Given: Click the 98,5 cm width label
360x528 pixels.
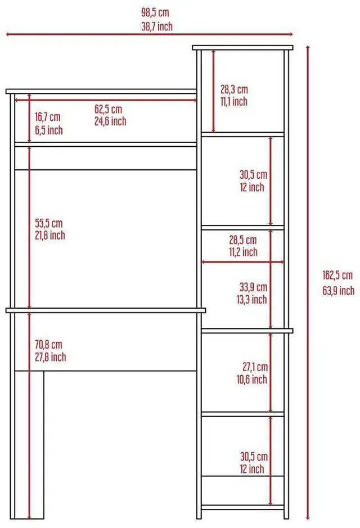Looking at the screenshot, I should [155, 12].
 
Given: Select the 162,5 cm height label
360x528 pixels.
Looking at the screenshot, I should [337, 276].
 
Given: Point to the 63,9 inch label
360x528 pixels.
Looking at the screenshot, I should [338, 290].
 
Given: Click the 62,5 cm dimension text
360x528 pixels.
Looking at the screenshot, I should [108, 109].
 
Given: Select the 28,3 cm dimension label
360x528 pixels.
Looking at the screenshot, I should [233, 89].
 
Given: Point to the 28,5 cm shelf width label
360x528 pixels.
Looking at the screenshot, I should [242, 240].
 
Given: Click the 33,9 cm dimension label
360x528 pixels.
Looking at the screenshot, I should [253, 287].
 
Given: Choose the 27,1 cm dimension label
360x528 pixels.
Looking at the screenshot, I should [255, 367].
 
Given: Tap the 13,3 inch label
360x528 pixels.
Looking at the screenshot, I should [251, 300].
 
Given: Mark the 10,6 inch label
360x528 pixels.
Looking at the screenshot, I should [251, 380].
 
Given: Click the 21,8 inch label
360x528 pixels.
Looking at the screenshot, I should [49, 235].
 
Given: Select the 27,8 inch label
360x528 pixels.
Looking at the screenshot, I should [49, 357].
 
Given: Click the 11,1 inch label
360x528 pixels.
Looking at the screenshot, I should [233, 102].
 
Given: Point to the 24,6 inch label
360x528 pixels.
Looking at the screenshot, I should [110, 121].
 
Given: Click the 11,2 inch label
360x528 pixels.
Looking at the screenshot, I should [243, 252].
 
